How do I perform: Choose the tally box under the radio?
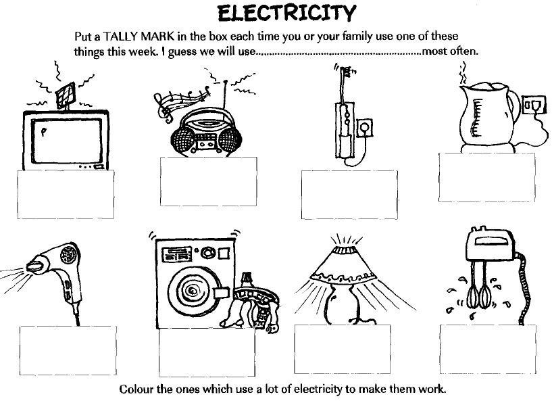tap(208, 174)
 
